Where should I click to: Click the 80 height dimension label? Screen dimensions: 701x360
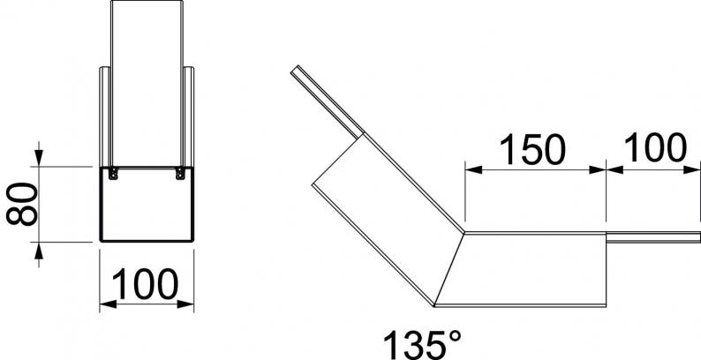click(21, 204)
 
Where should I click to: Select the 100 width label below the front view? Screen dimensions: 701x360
click(145, 284)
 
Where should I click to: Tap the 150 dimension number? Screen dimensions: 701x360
click(532, 149)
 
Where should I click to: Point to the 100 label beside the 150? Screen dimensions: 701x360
click(655, 147)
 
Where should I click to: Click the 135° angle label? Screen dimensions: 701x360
click(423, 345)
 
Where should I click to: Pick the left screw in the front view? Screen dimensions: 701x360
click(113, 173)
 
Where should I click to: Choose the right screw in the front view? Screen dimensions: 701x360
click(180, 173)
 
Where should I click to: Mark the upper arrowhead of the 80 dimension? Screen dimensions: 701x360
click(39, 157)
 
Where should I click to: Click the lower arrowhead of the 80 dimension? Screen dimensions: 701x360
click(39, 251)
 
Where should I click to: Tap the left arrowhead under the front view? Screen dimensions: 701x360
click(108, 304)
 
